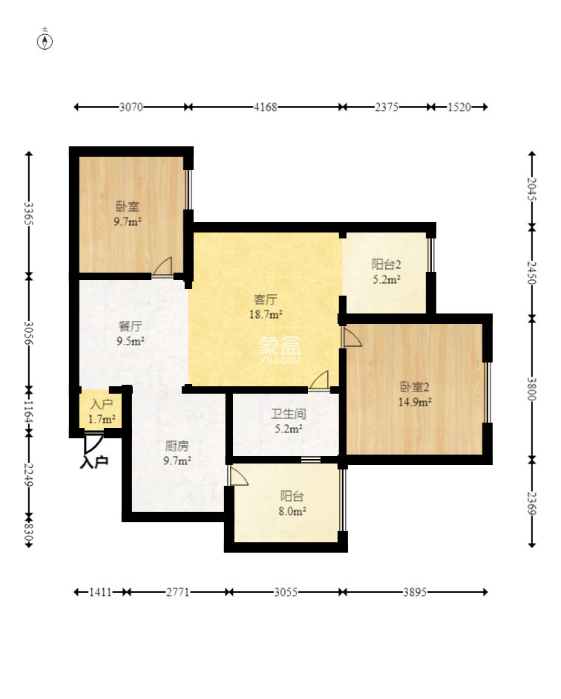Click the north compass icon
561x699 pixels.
45,41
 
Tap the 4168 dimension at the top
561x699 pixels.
266,107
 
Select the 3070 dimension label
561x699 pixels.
131,107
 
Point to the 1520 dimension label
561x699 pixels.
459,107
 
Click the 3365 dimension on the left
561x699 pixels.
28,213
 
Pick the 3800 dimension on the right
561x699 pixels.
532,388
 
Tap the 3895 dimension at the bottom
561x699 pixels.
415,592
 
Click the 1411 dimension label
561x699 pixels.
101,592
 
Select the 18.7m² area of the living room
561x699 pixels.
266,314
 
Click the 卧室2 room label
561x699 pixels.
415,386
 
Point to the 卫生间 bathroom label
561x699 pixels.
289,414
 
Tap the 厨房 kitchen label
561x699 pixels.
177,446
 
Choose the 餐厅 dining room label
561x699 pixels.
130,326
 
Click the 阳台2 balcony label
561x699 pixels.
387,264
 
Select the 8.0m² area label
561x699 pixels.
292,511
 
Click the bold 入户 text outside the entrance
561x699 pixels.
94,462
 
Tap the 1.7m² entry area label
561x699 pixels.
102,420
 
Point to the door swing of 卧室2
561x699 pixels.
352,338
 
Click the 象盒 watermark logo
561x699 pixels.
280,349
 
